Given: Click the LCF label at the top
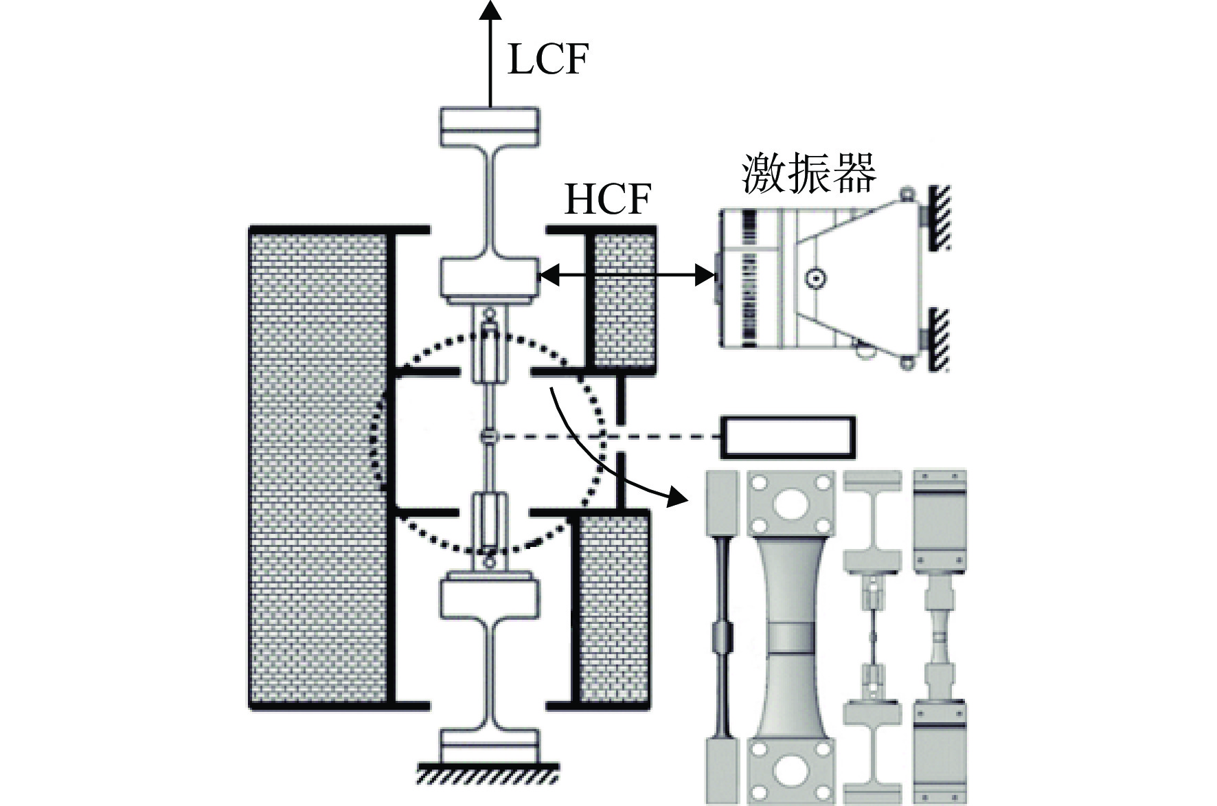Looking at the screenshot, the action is [547, 60].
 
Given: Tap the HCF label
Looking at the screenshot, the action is [607, 199].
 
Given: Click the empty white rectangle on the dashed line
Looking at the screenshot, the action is [788, 437].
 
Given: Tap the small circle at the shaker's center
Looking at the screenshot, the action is [816, 278].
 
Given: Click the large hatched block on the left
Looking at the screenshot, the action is [319, 468].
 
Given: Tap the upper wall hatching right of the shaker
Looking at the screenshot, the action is [939, 218].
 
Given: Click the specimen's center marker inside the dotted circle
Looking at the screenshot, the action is [488, 436].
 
